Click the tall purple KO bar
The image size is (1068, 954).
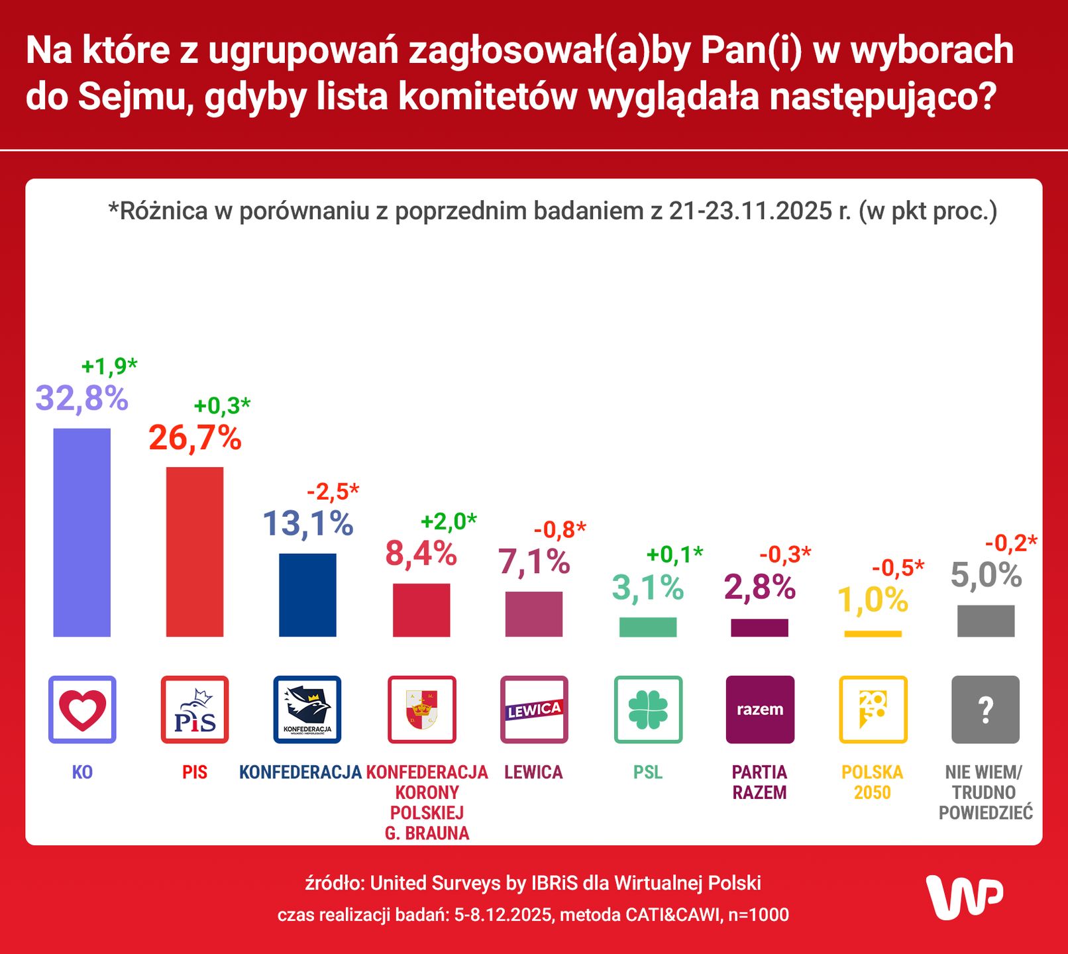coord(81,532)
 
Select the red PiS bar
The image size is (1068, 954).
coord(194,551)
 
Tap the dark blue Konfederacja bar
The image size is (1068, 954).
coord(307,594)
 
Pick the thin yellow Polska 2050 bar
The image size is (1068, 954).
coord(873,634)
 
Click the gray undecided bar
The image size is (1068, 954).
coord(985,621)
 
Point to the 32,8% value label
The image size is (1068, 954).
coord(81,398)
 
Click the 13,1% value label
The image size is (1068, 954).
coord(307,523)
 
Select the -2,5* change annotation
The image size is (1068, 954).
coord(333,492)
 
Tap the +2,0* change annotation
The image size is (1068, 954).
coord(449,521)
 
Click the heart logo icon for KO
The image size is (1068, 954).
coord(82,710)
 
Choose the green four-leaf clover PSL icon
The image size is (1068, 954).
coord(647,710)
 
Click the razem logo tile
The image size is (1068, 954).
coord(760,710)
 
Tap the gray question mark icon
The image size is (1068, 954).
coord(985,710)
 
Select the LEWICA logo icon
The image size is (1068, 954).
coord(534,710)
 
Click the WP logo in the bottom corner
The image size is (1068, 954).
coord(964,896)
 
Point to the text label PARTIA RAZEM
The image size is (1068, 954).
coord(759,782)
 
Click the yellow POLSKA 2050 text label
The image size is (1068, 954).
coord(872,782)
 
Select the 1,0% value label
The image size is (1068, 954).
coord(873,600)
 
